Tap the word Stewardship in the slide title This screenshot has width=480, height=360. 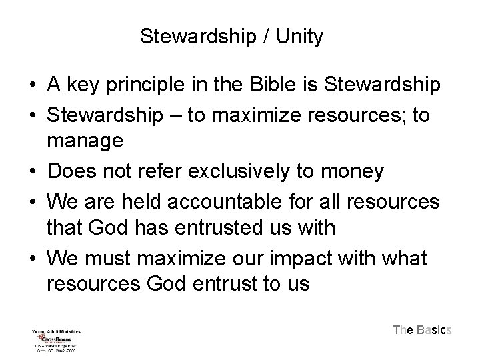click(x=196, y=36)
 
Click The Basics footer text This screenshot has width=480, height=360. click(x=422, y=329)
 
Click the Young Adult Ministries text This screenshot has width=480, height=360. click(x=56, y=331)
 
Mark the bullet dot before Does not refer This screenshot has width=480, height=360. click(x=32, y=171)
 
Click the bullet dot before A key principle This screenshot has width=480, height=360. click(x=32, y=86)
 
